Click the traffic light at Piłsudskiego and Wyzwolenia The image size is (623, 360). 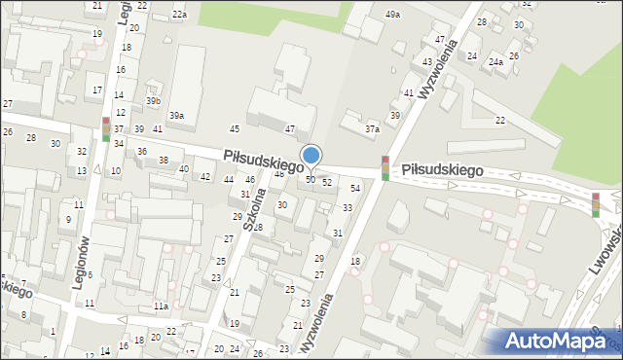pos(385,167)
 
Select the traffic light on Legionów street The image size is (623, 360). pos(106,129)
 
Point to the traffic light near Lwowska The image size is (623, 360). pos(596,203)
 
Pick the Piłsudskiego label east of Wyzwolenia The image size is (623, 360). pos(443,169)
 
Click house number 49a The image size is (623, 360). pos(392,14)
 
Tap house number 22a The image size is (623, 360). pos(179,15)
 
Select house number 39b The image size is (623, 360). pos(153,100)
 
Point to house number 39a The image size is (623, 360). pos(176,116)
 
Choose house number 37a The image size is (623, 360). pos(372,127)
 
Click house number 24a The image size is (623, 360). pos(496,62)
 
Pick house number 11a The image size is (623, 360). pos(161,306)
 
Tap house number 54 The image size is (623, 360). pos(355,188)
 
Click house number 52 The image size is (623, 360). pos(327,182)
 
